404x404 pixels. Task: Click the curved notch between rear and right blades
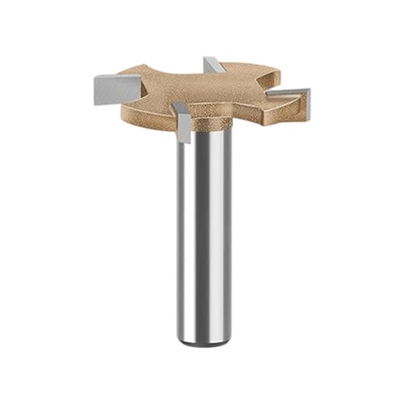(259, 81)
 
